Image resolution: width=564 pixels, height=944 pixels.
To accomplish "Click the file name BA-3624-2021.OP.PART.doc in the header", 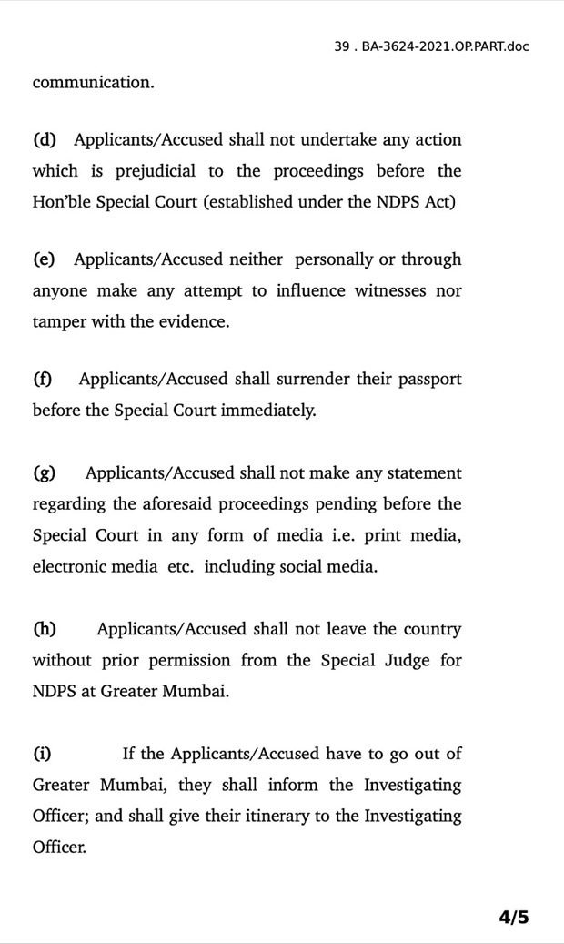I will pyautogui.click(x=444, y=46).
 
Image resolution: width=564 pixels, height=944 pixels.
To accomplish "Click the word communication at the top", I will pyautogui.click(x=94, y=82).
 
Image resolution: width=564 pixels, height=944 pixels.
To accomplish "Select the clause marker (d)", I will pyautogui.click(x=45, y=140).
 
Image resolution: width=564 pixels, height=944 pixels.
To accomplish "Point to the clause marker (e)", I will pyautogui.click(x=44, y=259).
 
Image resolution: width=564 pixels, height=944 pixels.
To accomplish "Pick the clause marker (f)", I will pyautogui.click(x=43, y=379).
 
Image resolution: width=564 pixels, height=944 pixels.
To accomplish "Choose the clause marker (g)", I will pyautogui.click(x=45, y=473).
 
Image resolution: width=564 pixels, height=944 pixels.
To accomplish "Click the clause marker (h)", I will pyautogui.click(x=45, y=629).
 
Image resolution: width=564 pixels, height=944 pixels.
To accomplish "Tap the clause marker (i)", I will pyautogui.click(x=42, y=754).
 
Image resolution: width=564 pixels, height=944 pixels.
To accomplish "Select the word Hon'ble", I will pyautogui.click(x=56, y=202).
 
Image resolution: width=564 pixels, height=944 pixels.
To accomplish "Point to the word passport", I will pyautogui.click(x=428, y=379).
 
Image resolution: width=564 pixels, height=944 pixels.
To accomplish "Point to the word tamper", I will pyautogui.click(x=58, y=322).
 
